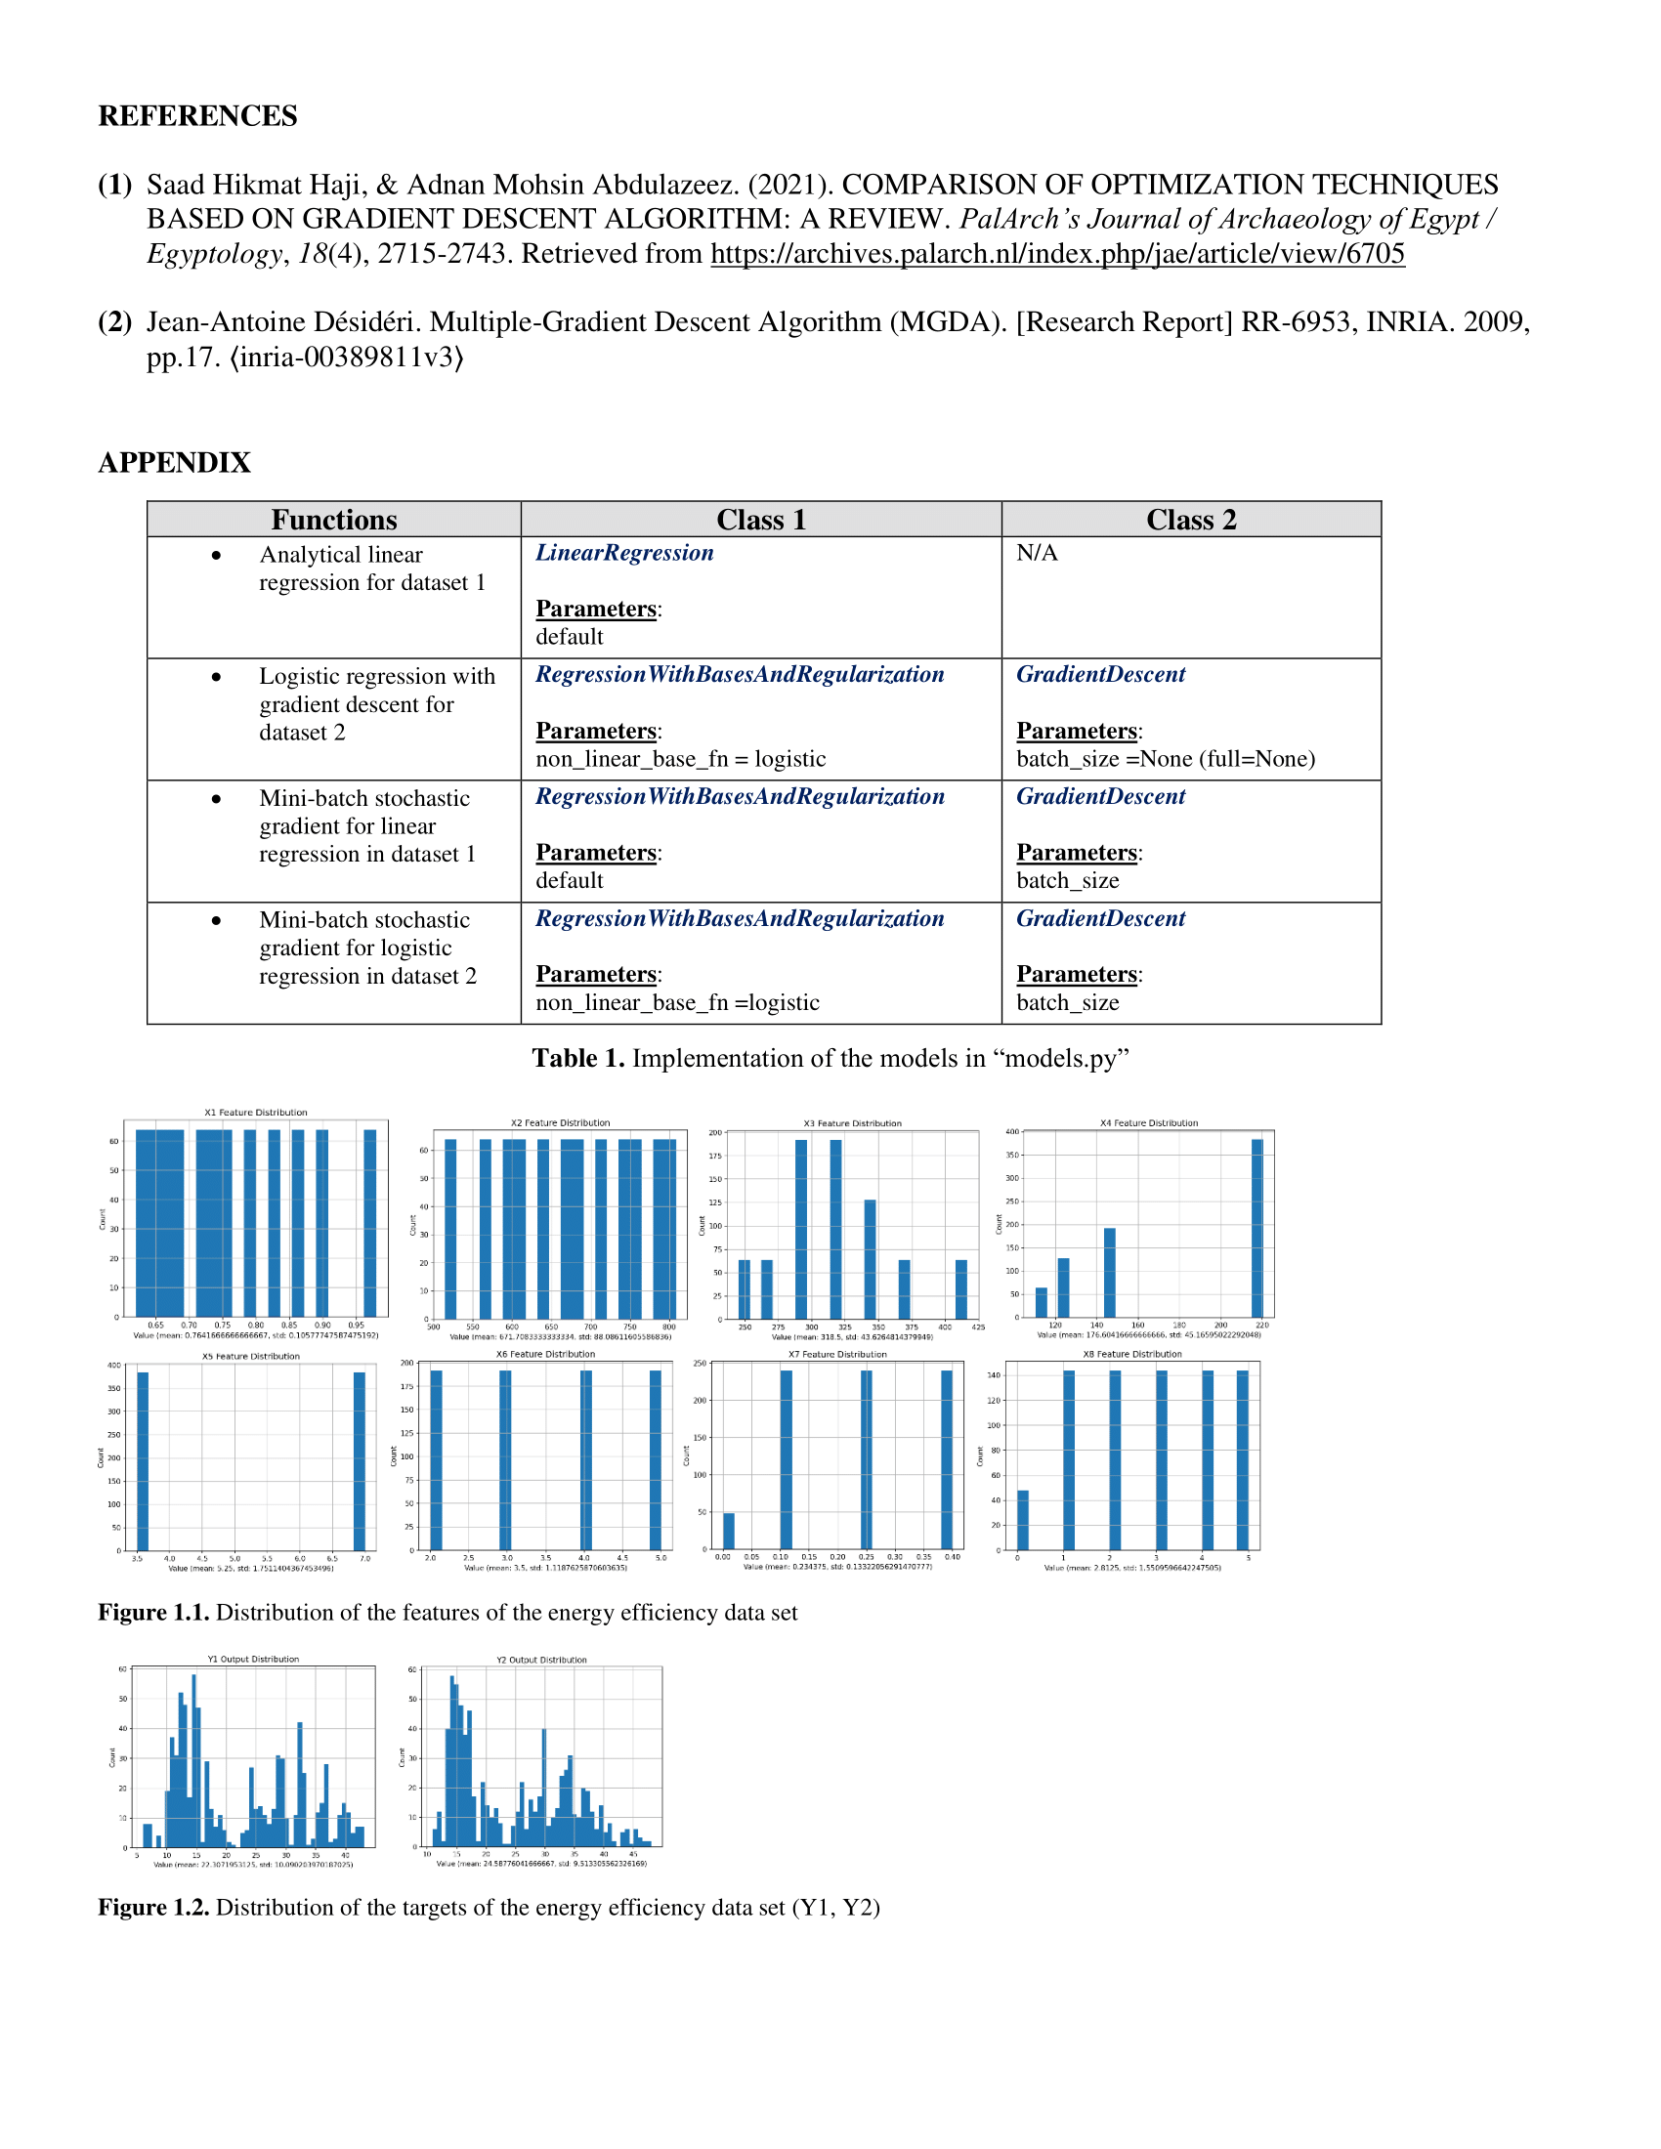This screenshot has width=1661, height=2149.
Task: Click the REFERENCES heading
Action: click(196, 116)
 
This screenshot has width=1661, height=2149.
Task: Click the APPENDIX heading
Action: click(174, 462)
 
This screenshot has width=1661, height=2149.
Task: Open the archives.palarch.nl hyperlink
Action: click(1057, 254)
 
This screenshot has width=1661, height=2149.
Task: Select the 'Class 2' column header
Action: click(1191, 520)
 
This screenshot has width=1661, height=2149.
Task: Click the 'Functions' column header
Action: click(333, 520)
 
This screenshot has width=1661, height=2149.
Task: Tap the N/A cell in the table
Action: click(1037, 553)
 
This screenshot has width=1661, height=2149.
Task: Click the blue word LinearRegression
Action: click(624, 553)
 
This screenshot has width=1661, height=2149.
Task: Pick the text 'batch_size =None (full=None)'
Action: click(1165, 759)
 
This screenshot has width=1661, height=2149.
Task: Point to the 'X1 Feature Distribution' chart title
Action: click(256, 1113)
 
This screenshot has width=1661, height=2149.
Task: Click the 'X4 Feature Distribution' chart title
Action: click(1148, 1122)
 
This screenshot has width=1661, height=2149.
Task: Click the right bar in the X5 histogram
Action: click(360, 1460)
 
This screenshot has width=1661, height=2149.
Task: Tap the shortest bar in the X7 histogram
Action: click(729, 1531)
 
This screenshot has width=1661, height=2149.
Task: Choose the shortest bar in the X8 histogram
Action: click(1022, 1520)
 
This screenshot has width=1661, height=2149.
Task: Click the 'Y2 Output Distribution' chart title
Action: click(541, 1660)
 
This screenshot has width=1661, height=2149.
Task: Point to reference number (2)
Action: click(115, 321)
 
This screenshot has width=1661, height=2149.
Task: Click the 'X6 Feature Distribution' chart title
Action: click(545, 1354)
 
